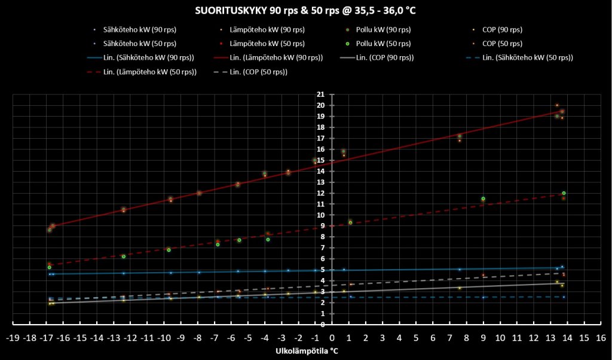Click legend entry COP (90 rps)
point(501,29)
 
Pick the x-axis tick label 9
point(483,337)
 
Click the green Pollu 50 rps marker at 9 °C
point(483,199)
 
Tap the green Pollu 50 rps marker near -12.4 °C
point(124,257)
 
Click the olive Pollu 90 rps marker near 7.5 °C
point(459,136)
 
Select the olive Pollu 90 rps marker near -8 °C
point(199,193)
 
